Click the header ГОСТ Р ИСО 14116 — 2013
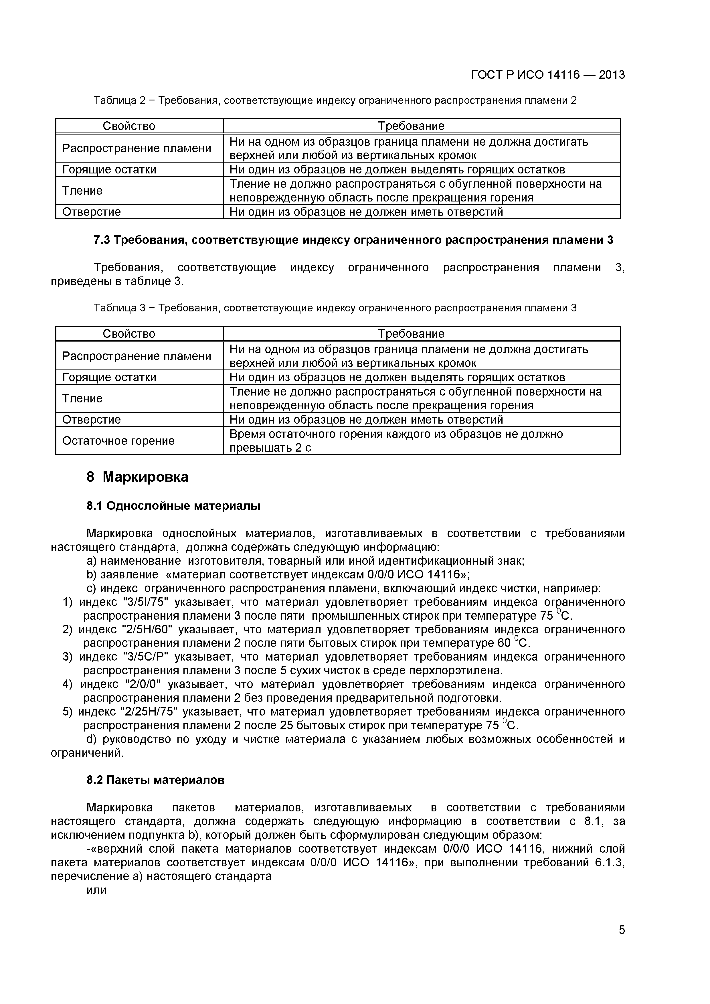[548, 75]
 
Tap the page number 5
[622, 942]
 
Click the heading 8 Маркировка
[137, 477]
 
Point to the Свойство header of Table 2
[129, 126]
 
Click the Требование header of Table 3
[411, 334]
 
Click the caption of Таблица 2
[335, 100]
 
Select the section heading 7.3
[353, 240]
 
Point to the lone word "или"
[97, 890]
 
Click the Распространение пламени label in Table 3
[137, 356]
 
